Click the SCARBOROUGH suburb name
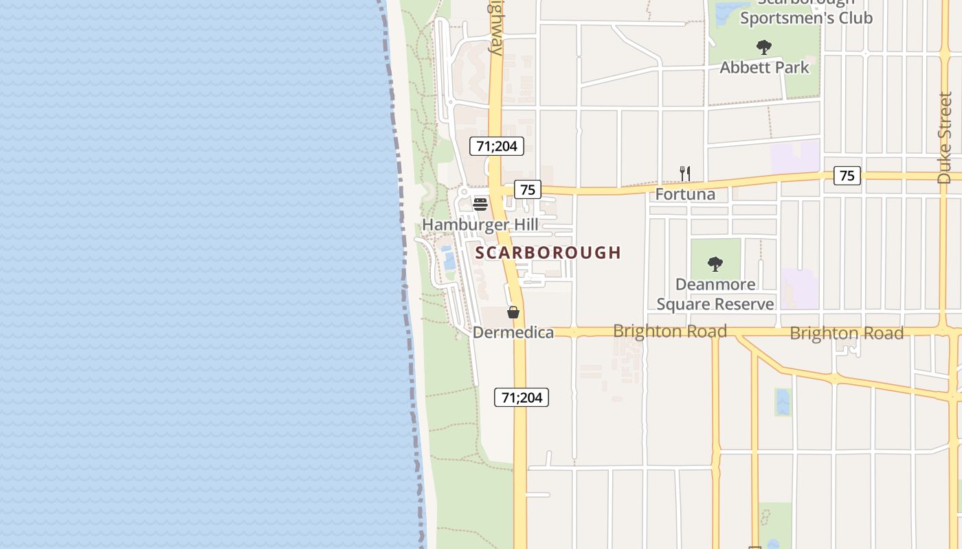(548, 253)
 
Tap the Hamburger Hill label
(480, 225)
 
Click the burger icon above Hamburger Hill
(480, 204)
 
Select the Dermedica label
(513, 333)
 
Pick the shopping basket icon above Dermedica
(513, 312)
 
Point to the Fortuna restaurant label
(684, 194)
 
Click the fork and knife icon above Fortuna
(684, 173)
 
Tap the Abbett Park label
(764, 68)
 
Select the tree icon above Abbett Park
(763, 47)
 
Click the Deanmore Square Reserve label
(715, 294)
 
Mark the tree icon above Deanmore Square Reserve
(715, 264)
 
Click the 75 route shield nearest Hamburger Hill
(527, 189)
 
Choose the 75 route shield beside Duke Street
(847, 176)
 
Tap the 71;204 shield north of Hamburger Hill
(497, 146)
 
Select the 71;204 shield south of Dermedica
(522, 397)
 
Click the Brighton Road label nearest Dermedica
(669, 331)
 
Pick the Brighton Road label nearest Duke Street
(846, 334)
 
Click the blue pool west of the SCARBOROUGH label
(449, 259)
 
